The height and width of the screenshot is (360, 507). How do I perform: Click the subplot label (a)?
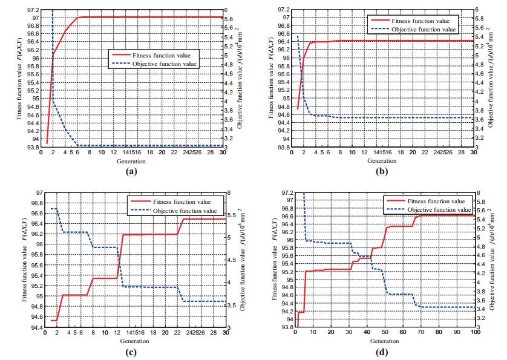coord(128,172)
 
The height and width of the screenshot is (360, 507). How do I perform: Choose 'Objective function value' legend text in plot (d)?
coord(434,210)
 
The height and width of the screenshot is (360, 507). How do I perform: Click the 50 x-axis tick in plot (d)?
coord(385,333)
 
